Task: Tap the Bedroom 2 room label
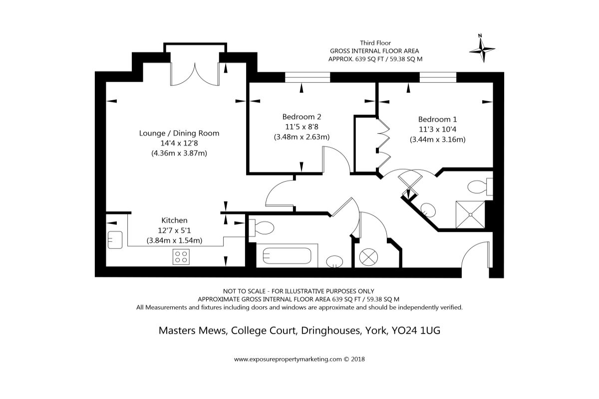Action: pyautogui.click(x=301, y=117)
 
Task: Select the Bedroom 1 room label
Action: pyautogui.click(x=437, y=119)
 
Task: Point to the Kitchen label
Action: pyautogui.click(x=174, y=220)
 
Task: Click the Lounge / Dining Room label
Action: pyautogui.click(x=179, y=133)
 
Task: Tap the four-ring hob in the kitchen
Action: pyautogui.click(x=181, y=257)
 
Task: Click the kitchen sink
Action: pyautogui.click(x=115, y=240)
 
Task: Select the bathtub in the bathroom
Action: pyautogui.click(x=287, y=256)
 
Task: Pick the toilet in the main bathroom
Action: pyautogui.click(x=262, y=228)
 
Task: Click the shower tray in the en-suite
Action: pyautogui.click(x=470, y=214)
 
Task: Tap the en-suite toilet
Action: pyautogui.click(x=480, y=187)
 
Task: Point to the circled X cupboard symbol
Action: pyautogui.click(x=368, y=257)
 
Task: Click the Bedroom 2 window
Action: pyautogui.click(x=307, y=77)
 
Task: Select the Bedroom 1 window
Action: pyautogui.click(x=438, y=77)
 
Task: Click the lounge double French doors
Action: pyautogui.click(x=195, y=74)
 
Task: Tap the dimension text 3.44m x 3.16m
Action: pyautogui.click(x=437, y=140)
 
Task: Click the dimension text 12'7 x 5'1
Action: pyautogui.click(x=174, y=230)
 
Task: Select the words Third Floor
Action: pyautogui.click(x=375, y=43)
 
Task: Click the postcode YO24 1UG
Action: pyautogui.click(x=416, y=331)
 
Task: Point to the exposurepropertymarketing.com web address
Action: pyautogui.click(x=288, y=359)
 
